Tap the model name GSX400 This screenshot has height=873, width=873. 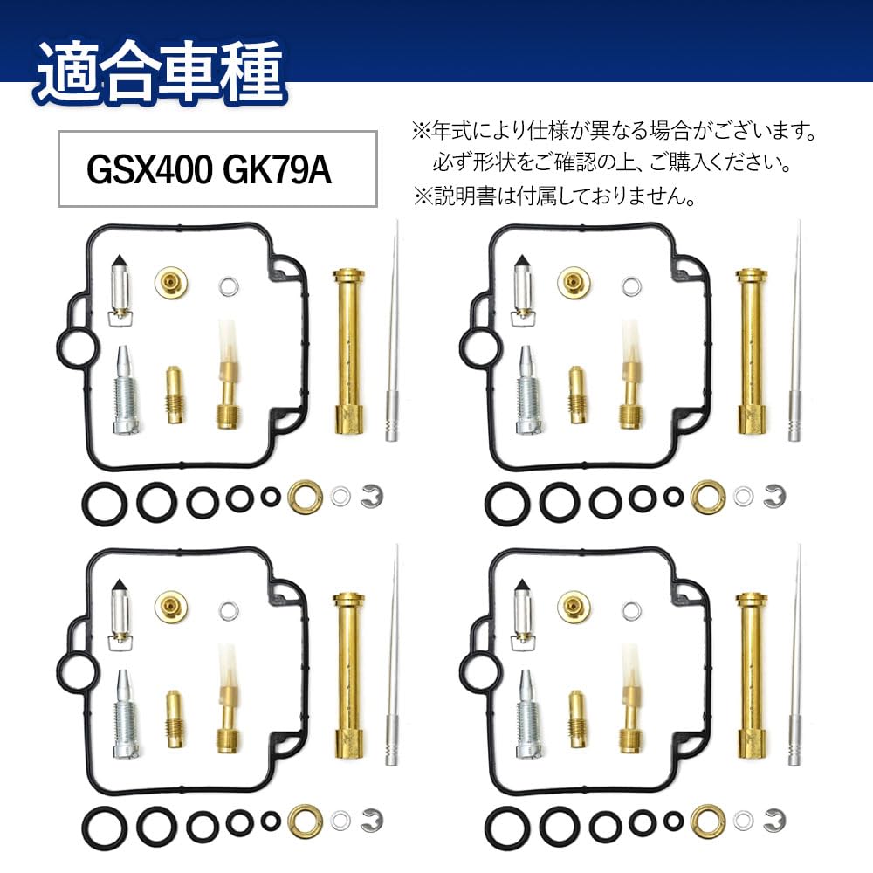pos(148,169)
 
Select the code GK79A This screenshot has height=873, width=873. pos(278,169)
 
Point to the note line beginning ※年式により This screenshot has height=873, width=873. pos(615,133)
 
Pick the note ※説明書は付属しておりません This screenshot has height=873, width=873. pos(554,196)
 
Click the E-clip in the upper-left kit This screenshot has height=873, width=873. pos(371,496)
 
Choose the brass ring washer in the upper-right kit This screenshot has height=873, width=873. pos(707,497)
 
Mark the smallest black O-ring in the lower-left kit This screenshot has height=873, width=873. pos(272,821)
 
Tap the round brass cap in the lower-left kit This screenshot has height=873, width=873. pos(170,603)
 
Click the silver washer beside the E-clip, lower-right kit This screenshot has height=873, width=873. pos(743,819)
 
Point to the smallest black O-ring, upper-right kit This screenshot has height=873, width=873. pos(673,497)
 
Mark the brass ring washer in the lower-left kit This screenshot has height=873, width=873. pos(305,820)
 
